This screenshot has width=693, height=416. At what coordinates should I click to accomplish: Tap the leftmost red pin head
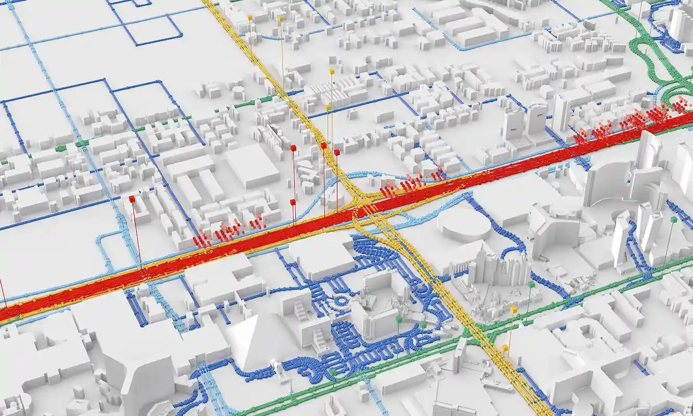pyautogui.click(x=132, y=199)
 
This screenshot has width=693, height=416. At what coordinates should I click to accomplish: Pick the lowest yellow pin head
pyautogui.click(x=505, y=347)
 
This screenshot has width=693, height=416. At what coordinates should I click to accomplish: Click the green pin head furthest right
pyautogui.click(x=674, y=220)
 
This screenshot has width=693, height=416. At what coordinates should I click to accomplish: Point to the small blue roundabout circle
pyautogui.click(x=341, y=301)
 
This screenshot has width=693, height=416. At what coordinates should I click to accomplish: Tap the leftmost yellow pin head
pyautogui.click(x=250, y=18)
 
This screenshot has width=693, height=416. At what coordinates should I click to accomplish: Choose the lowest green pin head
pyautogui.click(x=333, y=372)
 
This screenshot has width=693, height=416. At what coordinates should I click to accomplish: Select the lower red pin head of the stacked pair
pyautogui.click(x=293, y=202)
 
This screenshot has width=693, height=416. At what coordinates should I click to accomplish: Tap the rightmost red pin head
pyautogui.click(x=337, y=152)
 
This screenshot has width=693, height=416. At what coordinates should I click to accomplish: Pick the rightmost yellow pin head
pyautogui.click(x=514, y=309)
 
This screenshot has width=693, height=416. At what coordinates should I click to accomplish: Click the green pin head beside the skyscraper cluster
pyautogui.click(x=531, y=284)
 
